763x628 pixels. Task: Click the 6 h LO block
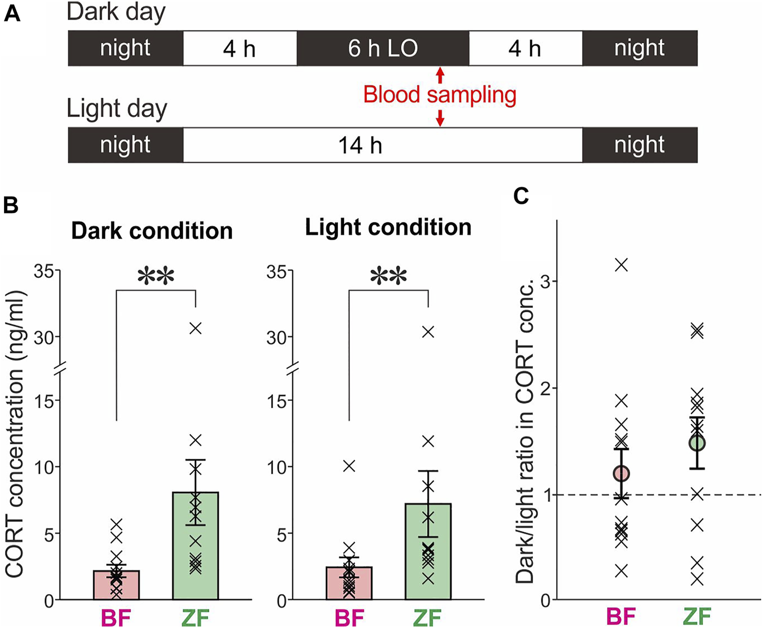click(x=383, y=49)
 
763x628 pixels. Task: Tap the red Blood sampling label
click(x=439, y=94)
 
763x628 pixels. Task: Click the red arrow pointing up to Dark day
click(x=440, y=75)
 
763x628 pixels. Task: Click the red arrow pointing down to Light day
click(x=440, y=117)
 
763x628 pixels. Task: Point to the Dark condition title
click(x=151, y=231)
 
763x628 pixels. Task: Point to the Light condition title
click(x=388, y=227)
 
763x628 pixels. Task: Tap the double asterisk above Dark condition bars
click(x=155, y=277)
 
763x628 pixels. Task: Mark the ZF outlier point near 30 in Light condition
click(x=428, y=332)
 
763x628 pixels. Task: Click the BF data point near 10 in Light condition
click(x=349, y=466)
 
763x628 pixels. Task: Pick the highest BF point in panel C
click(x=621, y=264)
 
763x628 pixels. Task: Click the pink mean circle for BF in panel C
click(x=621, y=473)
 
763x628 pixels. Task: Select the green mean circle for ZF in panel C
click(x=697, y=443)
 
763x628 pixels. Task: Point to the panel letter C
click(x=521, y=196)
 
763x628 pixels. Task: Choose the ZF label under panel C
click(x=697, y=616)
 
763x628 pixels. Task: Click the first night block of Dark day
click(x=125, y=49)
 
